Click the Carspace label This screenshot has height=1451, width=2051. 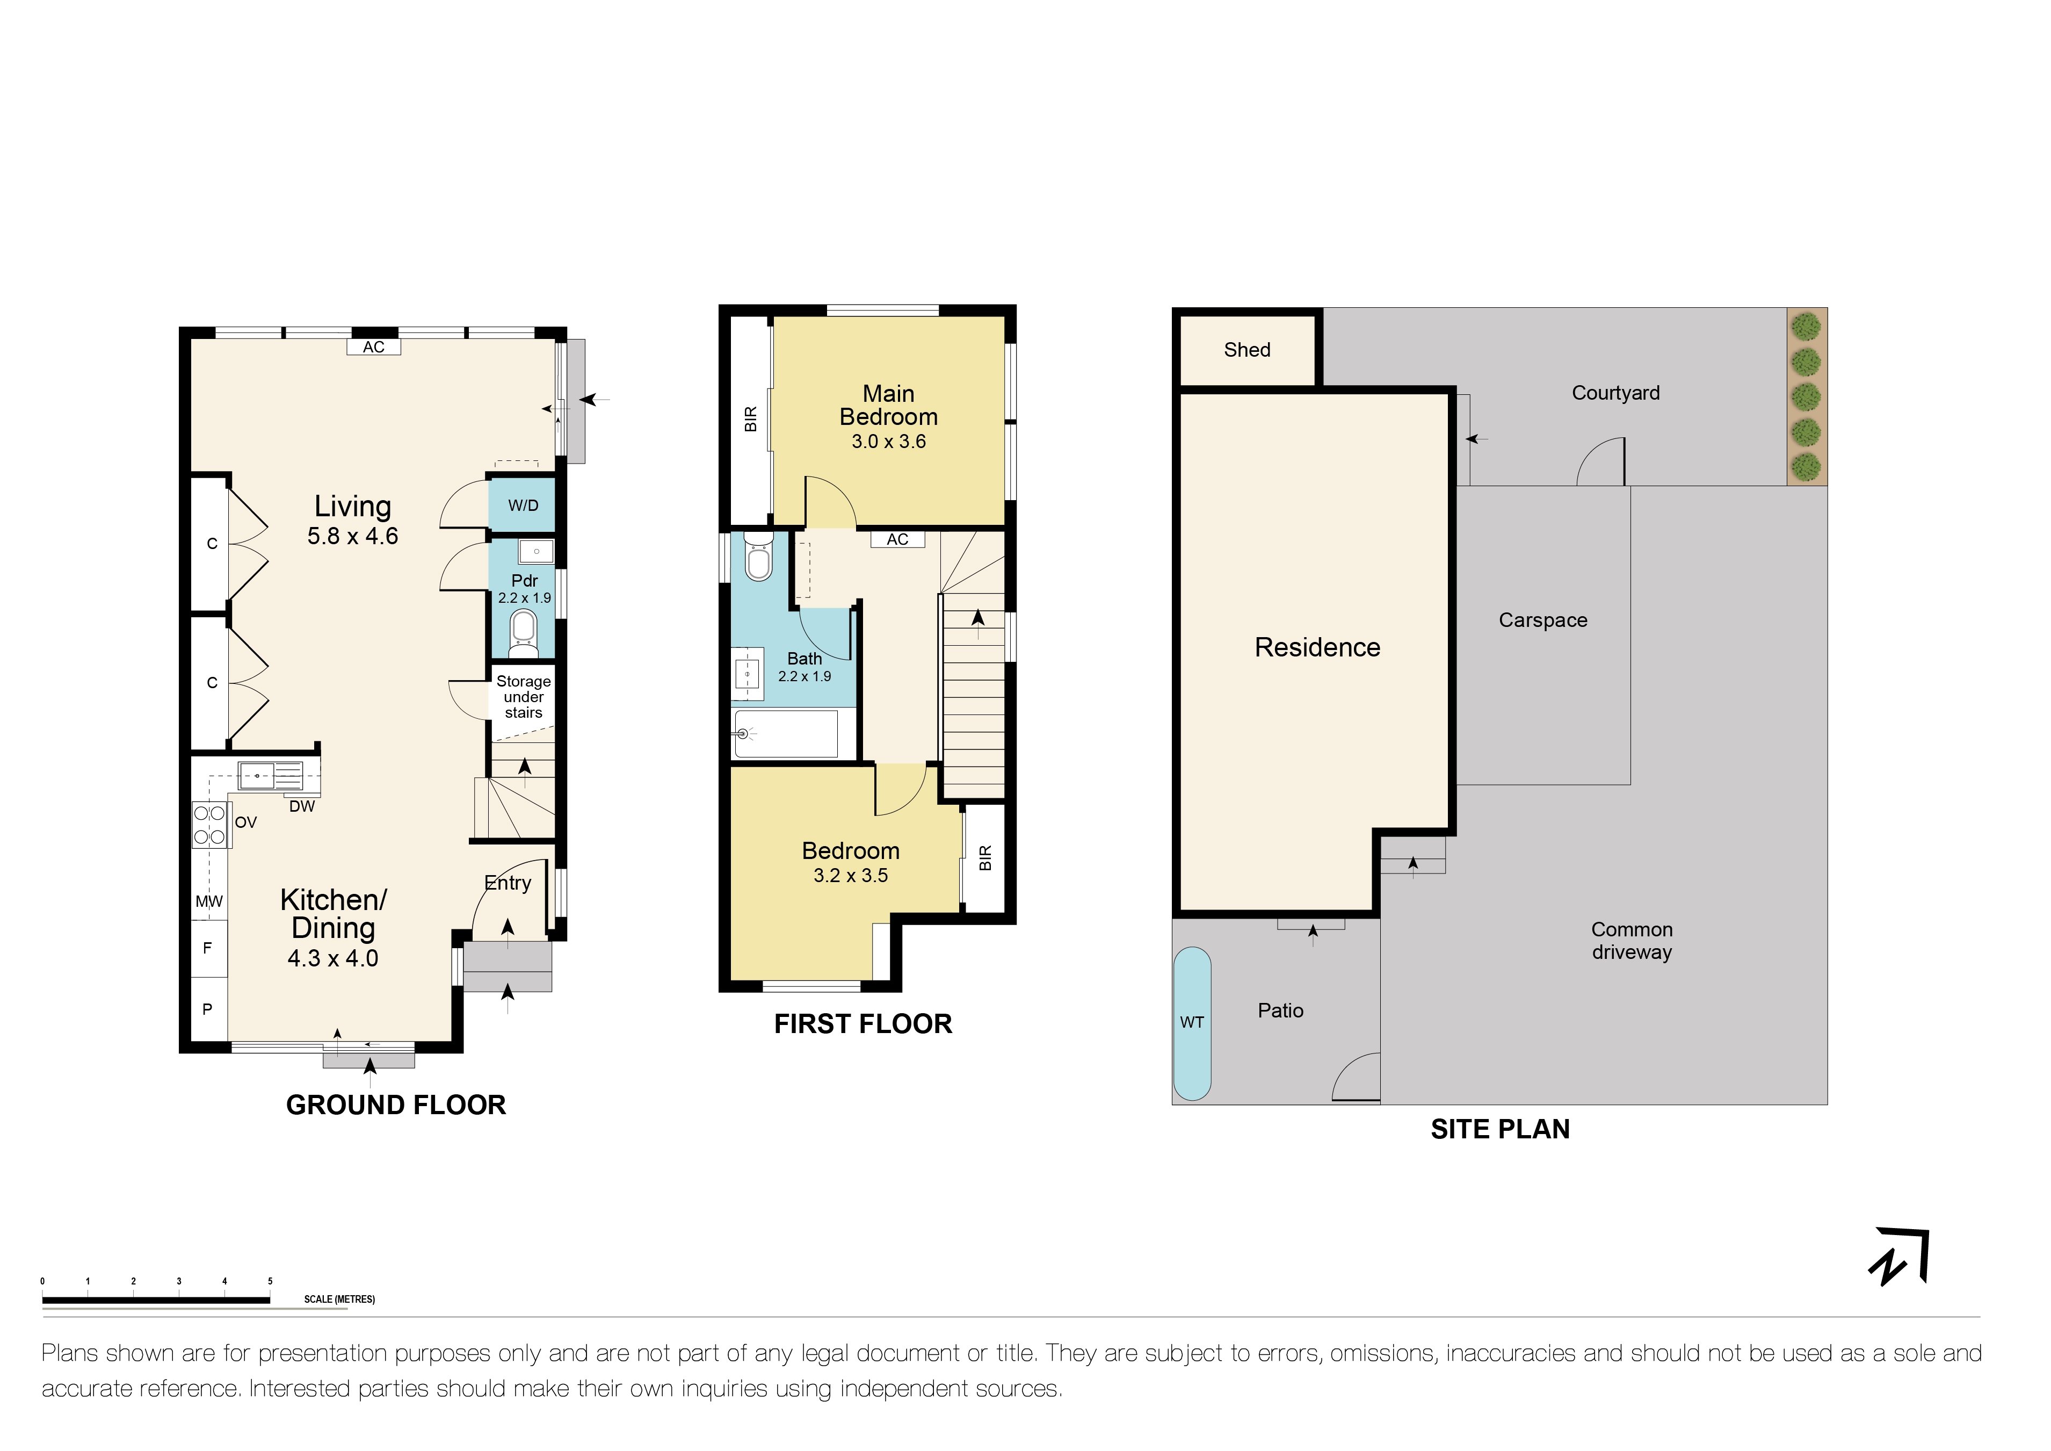1543,620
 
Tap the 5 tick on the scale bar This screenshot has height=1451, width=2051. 270,1281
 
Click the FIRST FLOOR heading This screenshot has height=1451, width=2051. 863,1024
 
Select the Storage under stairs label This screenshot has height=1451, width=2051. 524,697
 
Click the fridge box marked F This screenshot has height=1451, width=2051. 208,949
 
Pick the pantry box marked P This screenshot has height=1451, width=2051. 208,1009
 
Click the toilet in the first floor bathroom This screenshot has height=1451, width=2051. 758,558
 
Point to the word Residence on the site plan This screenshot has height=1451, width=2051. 1317,648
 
